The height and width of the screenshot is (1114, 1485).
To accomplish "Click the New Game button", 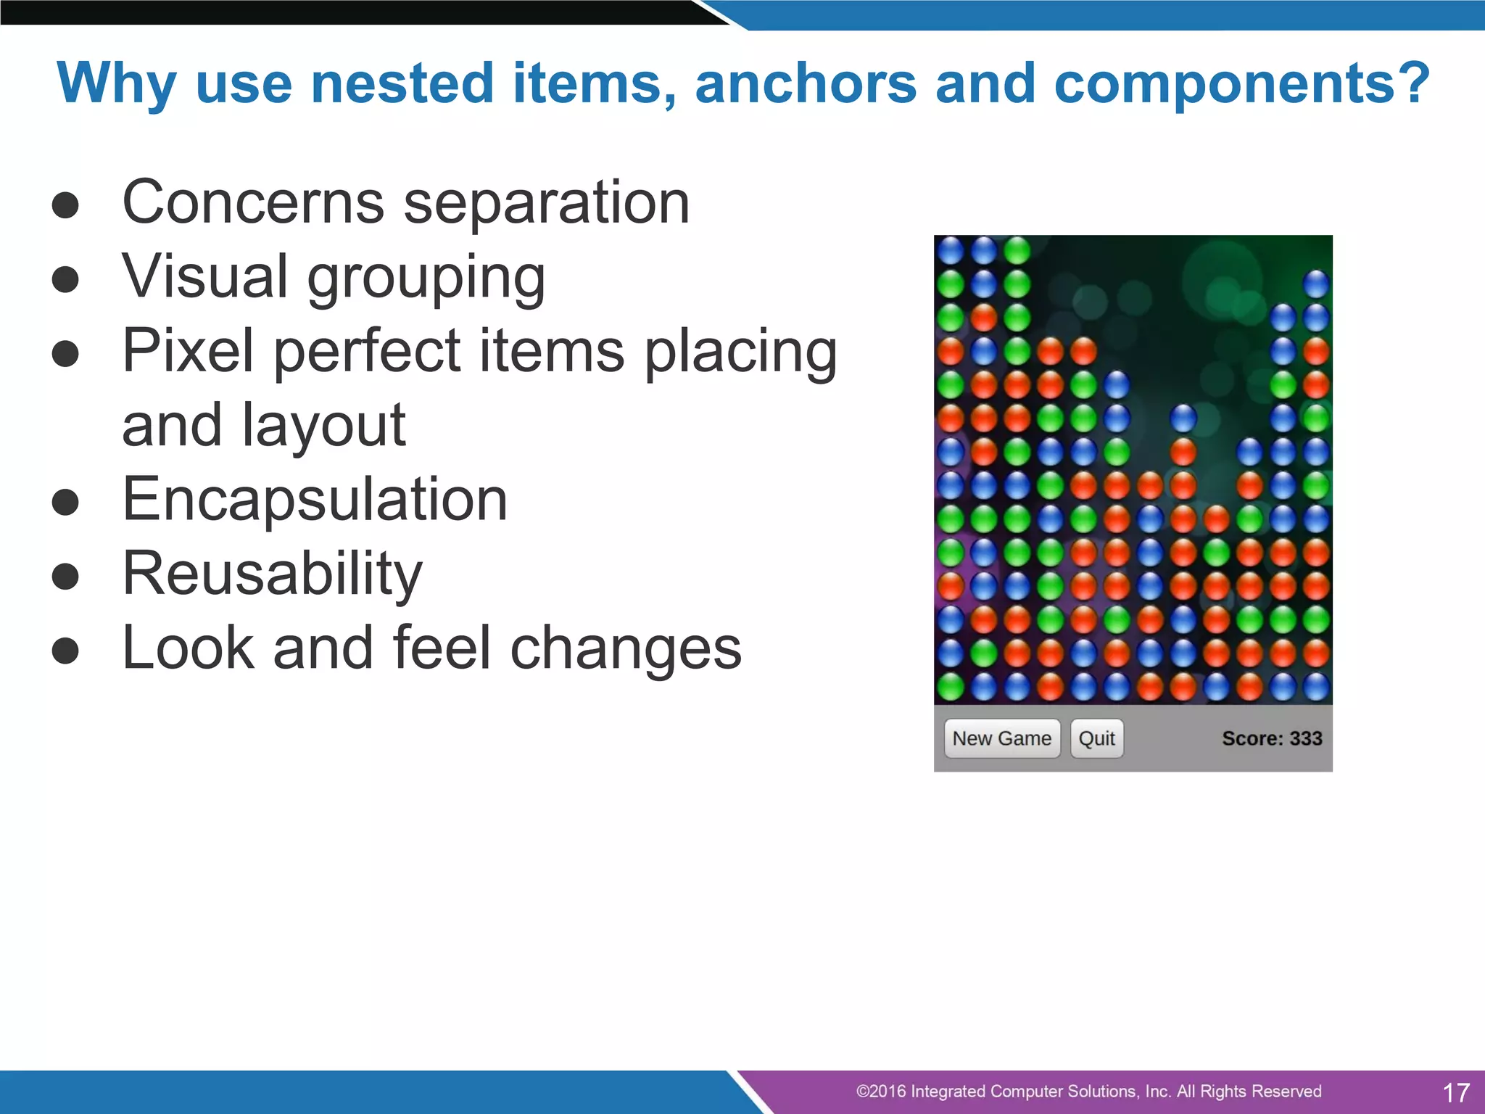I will (x=1001, y=738).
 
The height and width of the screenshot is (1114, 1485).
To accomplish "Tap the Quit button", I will (x=1096, y=738).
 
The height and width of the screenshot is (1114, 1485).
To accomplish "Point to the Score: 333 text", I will (x=1271, y=738).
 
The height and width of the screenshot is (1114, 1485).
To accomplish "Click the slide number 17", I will (x=1455, y=1092).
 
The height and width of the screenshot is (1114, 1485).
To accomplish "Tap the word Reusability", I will (x=272, y=574).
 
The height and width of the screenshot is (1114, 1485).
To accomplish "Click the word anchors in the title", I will (x=806, y=83).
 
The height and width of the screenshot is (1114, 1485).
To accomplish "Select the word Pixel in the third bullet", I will (x=187, y=351).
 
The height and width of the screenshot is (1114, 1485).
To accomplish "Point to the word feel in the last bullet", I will (x=442, y=648).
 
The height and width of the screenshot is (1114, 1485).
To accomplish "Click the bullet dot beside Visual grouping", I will (x=65, y=279).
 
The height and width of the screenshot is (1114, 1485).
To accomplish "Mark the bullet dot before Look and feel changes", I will (x=65, y=650).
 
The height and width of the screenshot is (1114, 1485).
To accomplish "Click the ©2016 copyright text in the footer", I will (x=1088, y=1092).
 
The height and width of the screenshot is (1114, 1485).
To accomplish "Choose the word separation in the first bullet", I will (x=546, y=204).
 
